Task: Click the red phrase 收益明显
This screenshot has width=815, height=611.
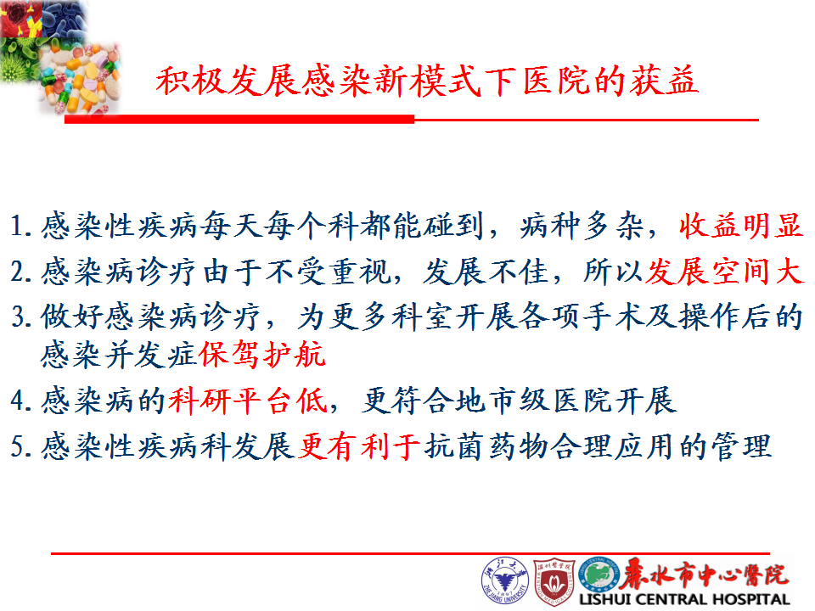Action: tap(741, 226)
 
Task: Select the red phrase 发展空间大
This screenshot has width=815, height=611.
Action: tap(724, 272)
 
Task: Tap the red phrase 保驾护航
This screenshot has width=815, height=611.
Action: tap(262, 355)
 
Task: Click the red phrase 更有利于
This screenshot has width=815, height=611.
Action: tap(359, 446)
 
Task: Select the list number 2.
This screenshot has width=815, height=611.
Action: tap(20, 272)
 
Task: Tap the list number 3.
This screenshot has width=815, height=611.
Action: tap(20, 317)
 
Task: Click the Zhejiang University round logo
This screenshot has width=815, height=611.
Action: tap(504, 581)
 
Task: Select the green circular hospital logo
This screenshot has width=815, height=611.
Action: tap(599, 576)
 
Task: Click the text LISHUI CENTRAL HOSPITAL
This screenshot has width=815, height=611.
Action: tap(685, 599)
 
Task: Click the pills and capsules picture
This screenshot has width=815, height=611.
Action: tap(81, 78)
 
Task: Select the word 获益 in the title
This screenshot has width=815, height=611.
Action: tap(664, 81)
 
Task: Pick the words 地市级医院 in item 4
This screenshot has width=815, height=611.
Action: tap(535, 401)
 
